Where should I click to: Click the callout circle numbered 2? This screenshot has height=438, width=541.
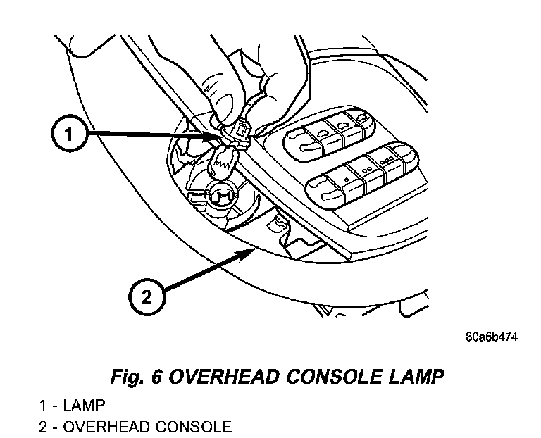coord(146,297)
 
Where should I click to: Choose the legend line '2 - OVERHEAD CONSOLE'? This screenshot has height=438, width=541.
coord(135,426)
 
